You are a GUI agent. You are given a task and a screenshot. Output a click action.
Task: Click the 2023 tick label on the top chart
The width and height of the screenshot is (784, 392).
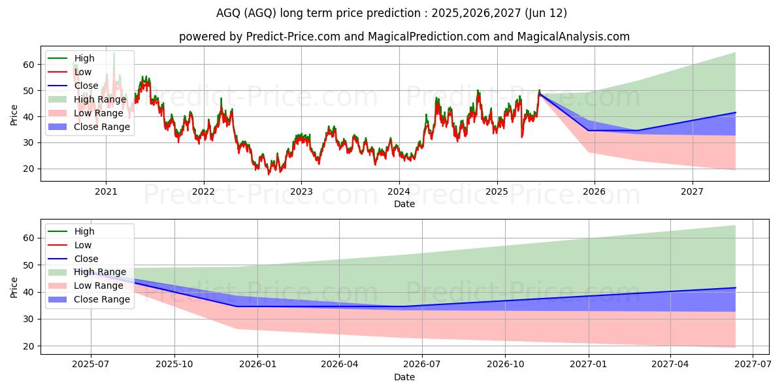pos(301,191)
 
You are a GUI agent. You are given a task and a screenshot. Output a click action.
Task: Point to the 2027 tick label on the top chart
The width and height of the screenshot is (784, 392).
pos(692,191)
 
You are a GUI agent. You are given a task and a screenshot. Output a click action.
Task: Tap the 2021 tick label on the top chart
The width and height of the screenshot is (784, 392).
pos(106,191)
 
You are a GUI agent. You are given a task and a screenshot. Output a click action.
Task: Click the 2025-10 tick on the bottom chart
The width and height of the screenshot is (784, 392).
pos(174,365)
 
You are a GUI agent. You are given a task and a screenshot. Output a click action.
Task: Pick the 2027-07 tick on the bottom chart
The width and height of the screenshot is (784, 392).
pos(753,365)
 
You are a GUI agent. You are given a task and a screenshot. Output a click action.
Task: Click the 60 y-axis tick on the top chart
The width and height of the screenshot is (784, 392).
pos(28,65)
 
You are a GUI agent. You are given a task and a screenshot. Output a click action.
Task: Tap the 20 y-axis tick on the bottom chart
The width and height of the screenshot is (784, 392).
pos(28,346)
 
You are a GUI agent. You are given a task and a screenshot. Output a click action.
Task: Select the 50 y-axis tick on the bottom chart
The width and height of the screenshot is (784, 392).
pos(28,265)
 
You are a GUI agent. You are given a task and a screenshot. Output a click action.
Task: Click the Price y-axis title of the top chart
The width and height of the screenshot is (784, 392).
pos(14,115)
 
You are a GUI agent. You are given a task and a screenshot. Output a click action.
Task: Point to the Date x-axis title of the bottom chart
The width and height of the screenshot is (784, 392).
pos(404,377)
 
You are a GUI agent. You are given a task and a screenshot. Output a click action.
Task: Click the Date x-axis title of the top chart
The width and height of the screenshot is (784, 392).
pos(404,204)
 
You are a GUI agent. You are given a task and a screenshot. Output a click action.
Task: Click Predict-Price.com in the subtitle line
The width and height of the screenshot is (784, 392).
pos(293,37)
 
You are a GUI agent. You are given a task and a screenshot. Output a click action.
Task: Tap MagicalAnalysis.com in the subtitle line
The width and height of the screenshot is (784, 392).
pos(574,37)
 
